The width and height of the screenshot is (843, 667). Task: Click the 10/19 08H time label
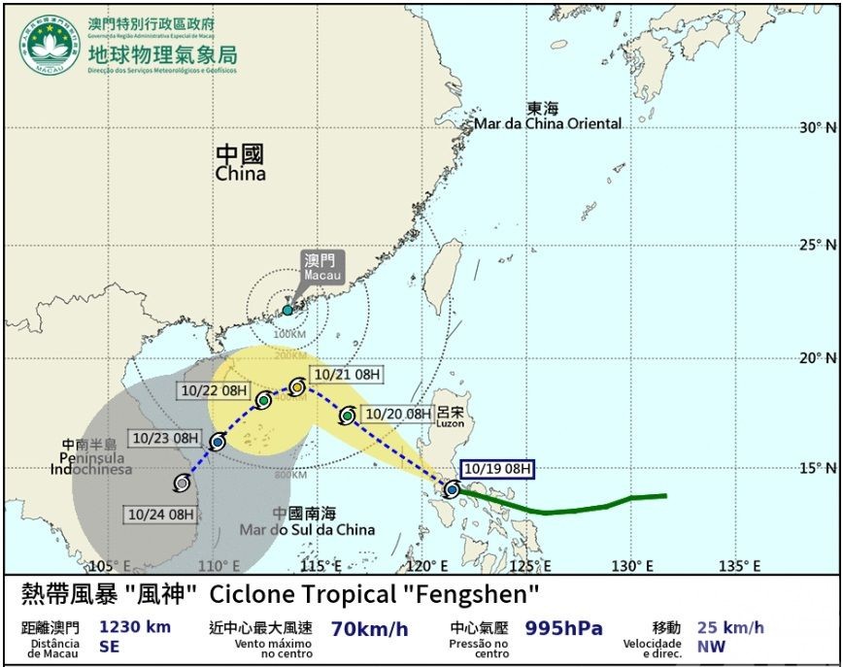click(498, 468)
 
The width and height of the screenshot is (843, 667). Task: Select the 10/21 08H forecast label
click(348, 374)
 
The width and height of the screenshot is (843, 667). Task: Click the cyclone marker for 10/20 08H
click(348, 416)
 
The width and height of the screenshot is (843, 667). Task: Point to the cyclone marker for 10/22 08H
click(263, 400)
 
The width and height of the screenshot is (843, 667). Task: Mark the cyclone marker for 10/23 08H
click(217, 443)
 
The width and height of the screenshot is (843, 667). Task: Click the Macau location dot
click(287, 311)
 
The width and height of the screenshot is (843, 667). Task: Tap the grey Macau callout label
click(323, 268)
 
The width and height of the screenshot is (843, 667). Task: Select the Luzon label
click(450, 418)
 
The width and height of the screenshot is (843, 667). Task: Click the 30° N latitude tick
click(817, 127)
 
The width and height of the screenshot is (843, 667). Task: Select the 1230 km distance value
click(135, 627)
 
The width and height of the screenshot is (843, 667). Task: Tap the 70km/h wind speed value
click(370, 629)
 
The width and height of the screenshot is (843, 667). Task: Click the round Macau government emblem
click(53, 44)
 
